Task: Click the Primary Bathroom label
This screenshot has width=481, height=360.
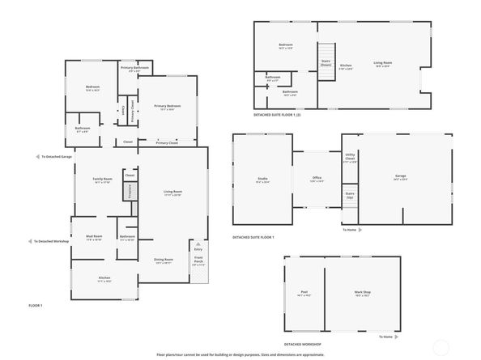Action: point(136,67)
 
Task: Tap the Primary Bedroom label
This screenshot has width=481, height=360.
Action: point(168,106)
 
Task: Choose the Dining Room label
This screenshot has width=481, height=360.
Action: point(164,260)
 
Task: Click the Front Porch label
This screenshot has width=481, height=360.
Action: point(198,260)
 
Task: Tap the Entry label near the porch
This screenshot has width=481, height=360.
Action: point(198,249)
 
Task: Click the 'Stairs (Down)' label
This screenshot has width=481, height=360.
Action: point(326,62)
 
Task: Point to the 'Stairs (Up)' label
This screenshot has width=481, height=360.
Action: point(350,195)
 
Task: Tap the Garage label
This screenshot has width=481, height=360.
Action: point(400,176)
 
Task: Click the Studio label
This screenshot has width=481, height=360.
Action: point(262,179)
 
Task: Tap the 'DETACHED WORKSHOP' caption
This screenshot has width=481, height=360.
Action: point(304,343)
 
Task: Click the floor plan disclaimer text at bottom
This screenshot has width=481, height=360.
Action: point(240,354)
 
